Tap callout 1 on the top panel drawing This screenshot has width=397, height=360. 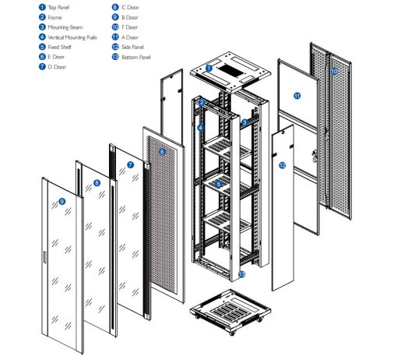(x=209, y=69)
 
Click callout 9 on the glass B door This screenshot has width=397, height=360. (x=62, y=201)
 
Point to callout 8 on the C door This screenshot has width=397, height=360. (x=96, y=182)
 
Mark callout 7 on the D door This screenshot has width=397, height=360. (x=130, y=165)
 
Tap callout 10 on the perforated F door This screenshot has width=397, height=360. (x=334, y=71)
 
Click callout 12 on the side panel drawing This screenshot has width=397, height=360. (x=282, y=165)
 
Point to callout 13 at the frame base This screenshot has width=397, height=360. (x=242, y=275)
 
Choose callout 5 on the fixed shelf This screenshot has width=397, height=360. (x=219, y=185)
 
